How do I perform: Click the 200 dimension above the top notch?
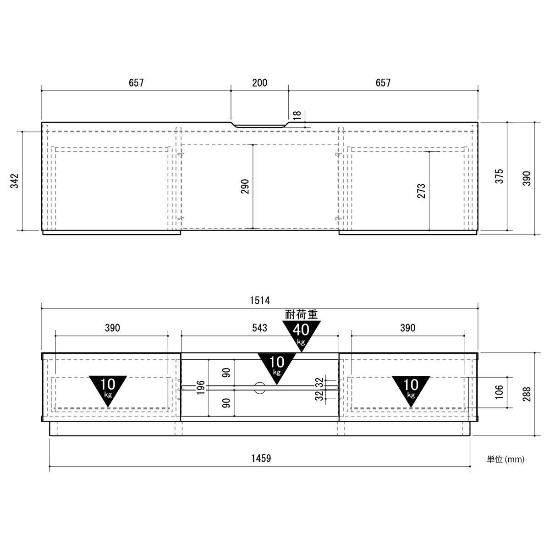[259, 83]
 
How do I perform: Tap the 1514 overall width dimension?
[260, 300]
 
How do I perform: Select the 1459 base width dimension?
[261, 458]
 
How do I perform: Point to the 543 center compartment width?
[259, 328]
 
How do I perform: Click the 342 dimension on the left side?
[15, 181]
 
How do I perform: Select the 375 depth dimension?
[499, 176]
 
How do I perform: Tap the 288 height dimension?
[527, 394]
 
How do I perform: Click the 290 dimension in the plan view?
[245, 187]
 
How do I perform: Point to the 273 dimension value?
[421, 191]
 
